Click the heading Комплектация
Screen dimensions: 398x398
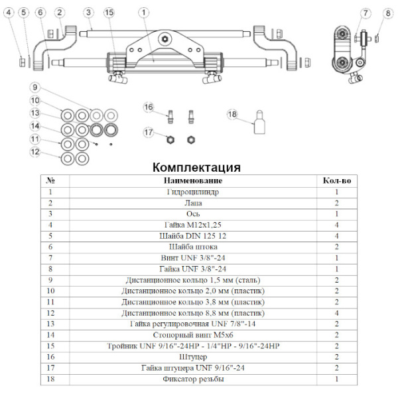tap(196, 166)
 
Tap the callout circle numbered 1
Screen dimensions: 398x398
tap(145, 13)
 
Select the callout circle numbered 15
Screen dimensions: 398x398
tap(109, 13)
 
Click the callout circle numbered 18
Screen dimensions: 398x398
tap(232, 115)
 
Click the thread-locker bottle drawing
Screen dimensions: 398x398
tap(257, 123)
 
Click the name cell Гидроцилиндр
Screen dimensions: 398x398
tap(193, 192)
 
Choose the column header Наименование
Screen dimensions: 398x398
tap(193, 180)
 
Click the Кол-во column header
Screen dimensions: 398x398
tap(336, 180)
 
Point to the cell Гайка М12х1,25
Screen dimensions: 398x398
tap(193, 224)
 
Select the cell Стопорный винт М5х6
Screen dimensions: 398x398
tap(193, 336)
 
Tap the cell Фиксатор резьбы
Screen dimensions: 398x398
tap(193, 379)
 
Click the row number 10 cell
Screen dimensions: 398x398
tap(50, 291)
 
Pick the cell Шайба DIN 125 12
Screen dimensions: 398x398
tap(193, 235)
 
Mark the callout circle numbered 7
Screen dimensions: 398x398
tap(365, 13)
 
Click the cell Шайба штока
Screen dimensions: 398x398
tap(193, 247)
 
